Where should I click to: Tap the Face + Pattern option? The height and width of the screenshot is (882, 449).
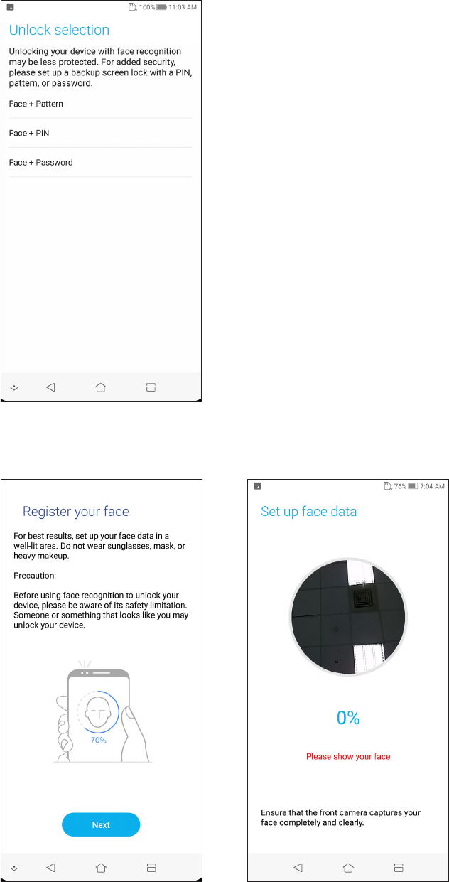click(36, 104)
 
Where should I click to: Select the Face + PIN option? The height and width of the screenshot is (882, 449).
click(29, 133)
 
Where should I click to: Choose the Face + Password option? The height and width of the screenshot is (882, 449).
click(41, 162)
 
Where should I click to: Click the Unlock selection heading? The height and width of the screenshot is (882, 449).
click(59, 30)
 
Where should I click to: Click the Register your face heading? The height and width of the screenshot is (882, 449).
click(76, 511)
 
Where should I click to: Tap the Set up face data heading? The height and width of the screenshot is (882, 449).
click(309, 511)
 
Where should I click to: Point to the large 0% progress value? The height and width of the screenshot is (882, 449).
click(348, 718)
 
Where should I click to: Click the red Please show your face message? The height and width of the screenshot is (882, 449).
click(348, 756)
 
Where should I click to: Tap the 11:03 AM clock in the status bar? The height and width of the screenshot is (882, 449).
click(182, 6)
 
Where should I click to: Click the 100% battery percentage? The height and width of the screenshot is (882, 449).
click(146, 6)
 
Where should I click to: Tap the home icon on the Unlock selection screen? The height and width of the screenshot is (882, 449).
click(101, 387)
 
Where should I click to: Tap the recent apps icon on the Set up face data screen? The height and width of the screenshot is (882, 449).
click(399, 867)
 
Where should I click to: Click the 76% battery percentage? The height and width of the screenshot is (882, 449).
click(400, 486)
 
